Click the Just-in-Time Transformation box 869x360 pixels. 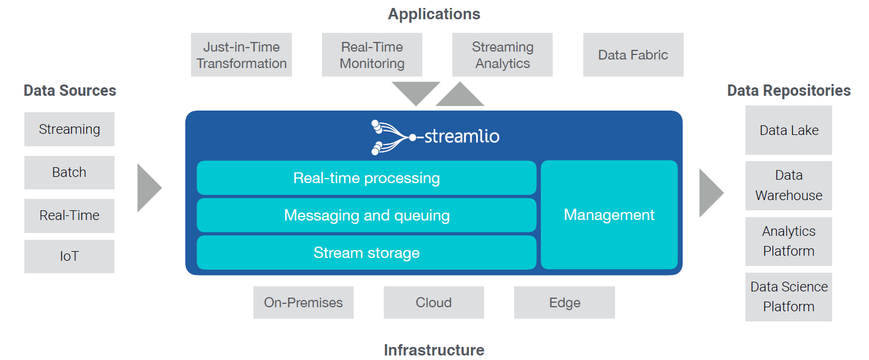241,54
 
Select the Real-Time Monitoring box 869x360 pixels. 372,54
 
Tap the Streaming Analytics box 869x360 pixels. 502,54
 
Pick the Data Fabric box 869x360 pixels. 633,54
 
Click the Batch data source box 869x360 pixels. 70,172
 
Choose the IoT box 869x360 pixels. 70,256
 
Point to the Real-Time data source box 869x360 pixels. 70,215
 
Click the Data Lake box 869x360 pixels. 789,130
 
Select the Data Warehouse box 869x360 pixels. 789,185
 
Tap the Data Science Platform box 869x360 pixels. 789,297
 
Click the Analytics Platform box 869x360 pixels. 789,242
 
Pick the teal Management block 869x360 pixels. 609,214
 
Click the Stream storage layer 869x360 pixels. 367,252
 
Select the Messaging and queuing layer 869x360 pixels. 367,215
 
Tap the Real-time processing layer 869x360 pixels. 367,177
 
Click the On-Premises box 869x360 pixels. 303,302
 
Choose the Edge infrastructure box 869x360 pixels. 565,302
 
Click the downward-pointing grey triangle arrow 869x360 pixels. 416,91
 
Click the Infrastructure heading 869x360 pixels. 434,350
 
